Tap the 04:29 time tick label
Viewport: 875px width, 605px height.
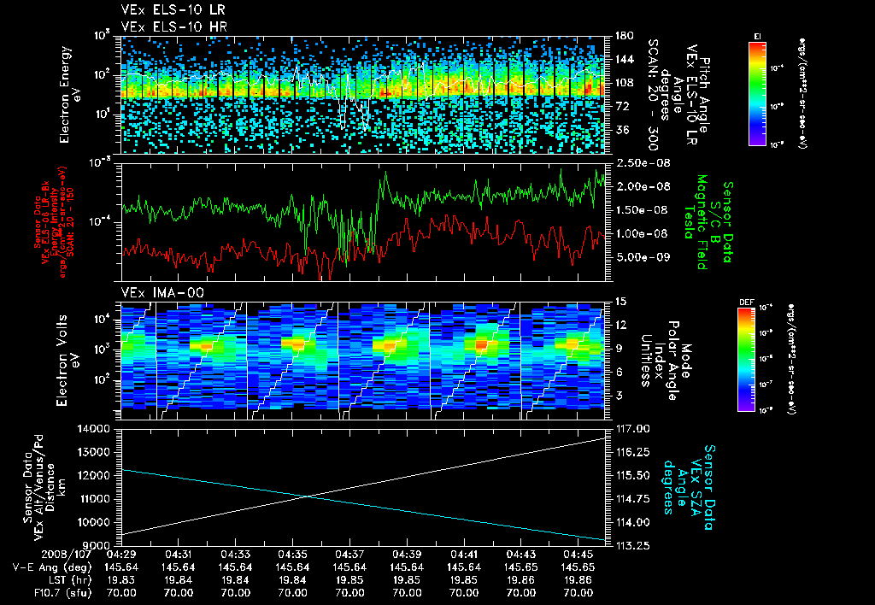point(121,554)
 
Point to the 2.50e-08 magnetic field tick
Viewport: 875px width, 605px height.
point(636,162)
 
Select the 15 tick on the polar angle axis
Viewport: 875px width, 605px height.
point(620,301)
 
